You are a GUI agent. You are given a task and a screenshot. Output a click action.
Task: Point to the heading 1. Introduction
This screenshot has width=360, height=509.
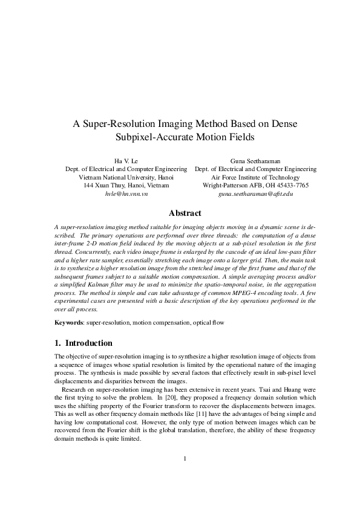click(83, 343)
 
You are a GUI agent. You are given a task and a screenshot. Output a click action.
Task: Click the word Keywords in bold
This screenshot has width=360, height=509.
click(68, 322)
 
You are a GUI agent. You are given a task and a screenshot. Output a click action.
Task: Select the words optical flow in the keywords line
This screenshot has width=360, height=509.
click(209, 322)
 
